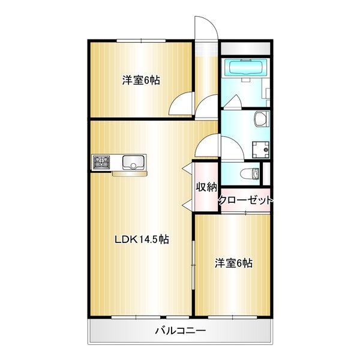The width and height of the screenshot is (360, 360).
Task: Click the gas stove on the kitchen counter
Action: click(101, 162)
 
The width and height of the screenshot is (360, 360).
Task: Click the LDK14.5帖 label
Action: click(141, 239)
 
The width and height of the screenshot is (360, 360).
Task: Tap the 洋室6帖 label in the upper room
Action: click(141, 80)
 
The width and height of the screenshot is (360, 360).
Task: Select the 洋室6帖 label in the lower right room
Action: click(233, 263)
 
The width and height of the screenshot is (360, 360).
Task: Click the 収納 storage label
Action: click(205, 187)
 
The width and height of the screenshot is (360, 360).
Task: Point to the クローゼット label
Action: click(245, 199)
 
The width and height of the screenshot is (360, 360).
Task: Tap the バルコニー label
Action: click(181, 330)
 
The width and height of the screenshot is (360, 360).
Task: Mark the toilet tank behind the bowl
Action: click(256, 175)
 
